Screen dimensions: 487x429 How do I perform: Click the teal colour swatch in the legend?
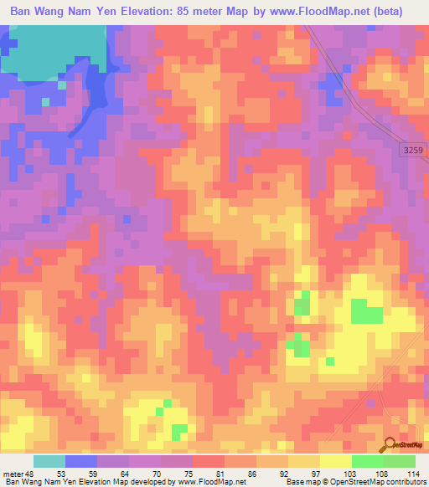tap(49, 461)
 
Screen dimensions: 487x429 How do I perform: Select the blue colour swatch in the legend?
tap(81, 461)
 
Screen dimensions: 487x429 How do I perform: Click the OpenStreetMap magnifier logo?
tap(388, 447)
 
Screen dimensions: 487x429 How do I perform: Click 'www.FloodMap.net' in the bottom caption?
tap(208, 482)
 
